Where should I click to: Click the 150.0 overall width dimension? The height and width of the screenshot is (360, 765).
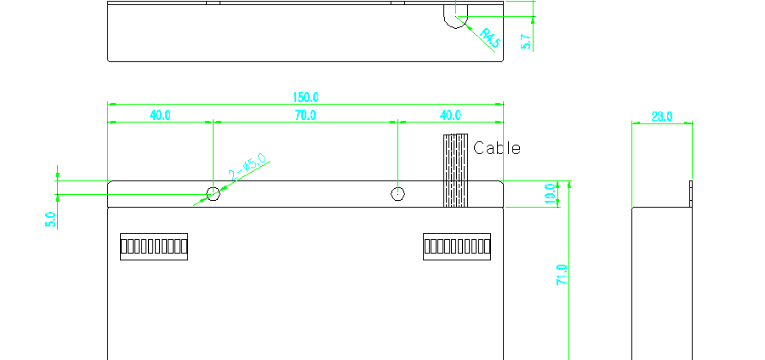[x=305, y=97]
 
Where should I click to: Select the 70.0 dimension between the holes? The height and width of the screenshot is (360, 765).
[x=305, y=115]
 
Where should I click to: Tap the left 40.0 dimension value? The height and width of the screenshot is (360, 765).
[x=160, y=115]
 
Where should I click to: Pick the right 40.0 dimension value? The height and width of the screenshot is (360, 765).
[x=450, y=115]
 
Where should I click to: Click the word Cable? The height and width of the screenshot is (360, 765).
[x=497, y=148]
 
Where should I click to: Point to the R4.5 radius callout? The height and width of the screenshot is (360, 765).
[x=490, y=38]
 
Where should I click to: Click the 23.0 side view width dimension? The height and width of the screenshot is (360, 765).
[x=661, y=117]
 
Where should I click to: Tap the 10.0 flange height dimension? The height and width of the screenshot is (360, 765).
[x=551, y=194]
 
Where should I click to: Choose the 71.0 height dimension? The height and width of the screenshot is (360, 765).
[x=562, y=275]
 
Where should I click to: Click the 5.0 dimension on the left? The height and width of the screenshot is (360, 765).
[x=50, y=220]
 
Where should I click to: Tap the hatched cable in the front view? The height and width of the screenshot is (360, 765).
[x=456, y=170]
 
